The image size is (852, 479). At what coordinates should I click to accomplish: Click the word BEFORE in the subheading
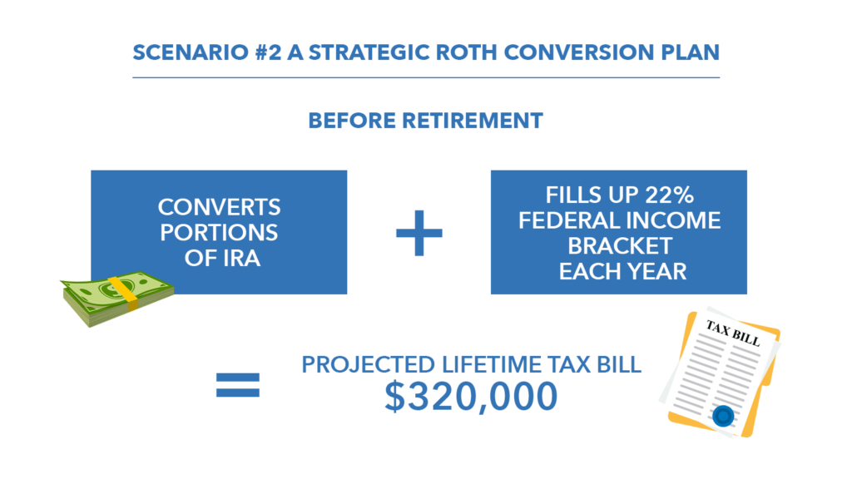click(352, 121)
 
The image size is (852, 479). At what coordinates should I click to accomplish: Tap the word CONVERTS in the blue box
click(219, 207)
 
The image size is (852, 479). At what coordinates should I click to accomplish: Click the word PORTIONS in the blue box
click(219, 233)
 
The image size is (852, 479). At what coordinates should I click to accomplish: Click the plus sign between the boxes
click(419, 233)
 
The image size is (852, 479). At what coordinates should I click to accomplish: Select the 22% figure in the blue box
click(670, 195)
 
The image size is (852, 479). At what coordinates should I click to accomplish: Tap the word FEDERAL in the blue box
click(569, 220)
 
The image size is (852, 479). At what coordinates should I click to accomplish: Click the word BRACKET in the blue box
click(620, 245)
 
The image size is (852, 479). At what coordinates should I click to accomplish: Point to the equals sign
click(238, 385)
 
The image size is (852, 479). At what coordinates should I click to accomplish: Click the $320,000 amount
click(471, 396)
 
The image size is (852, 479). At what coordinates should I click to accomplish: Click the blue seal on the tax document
click(723, 416)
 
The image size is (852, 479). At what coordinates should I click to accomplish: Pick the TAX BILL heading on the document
click(732, 333)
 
